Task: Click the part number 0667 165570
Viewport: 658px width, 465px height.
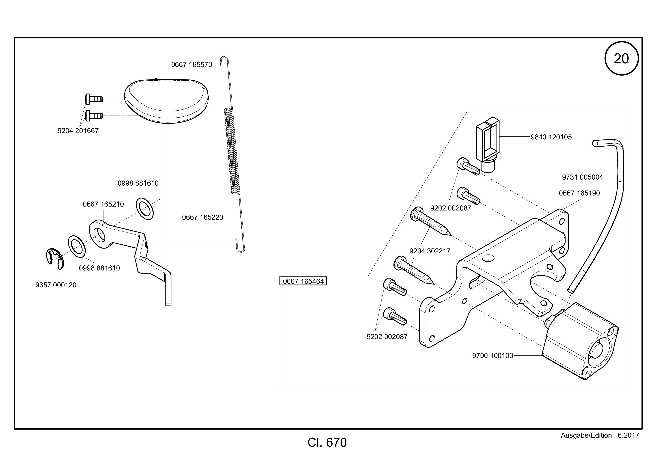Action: (192, 65)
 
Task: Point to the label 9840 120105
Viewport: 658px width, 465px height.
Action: (551, 137)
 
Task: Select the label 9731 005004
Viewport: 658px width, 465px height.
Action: (583, 177)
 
